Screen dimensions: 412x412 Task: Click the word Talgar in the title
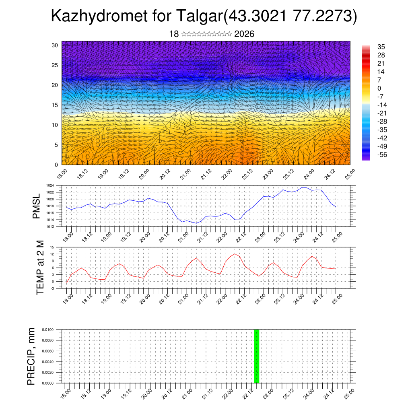[199, 17]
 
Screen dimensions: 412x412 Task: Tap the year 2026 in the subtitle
[244, 34]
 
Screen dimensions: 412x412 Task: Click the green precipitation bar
[256, 356]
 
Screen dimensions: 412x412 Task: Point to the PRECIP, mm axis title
[31, 356]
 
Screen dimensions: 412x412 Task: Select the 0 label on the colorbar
[379, 88]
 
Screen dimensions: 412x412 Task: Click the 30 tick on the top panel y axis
[55, 45]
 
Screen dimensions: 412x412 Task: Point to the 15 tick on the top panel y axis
[55, 105]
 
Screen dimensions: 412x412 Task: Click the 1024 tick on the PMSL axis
[50, 185]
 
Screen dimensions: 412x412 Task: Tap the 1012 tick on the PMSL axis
[50, 227]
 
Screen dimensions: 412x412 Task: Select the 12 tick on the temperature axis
[52, 254]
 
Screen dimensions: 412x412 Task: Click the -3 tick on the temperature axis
[52, 288]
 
